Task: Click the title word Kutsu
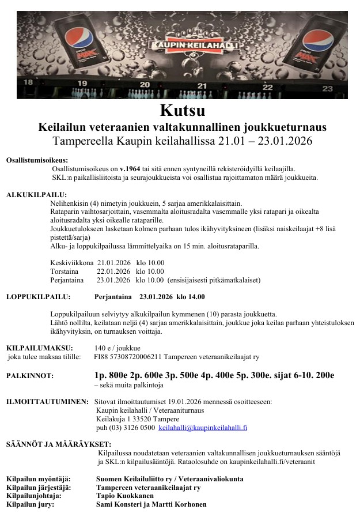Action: (x=182, y=110)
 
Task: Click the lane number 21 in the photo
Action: (x=202, y=86)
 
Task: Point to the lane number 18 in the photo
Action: (x=28, y=82)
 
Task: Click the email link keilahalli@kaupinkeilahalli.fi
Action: (x=203, y=428)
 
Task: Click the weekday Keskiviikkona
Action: (x=72, y=263)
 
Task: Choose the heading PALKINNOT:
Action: (x=29, y=375)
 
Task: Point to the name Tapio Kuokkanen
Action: (x=125, y=496)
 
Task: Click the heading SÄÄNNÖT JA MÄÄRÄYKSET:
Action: (x=51, y=444)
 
